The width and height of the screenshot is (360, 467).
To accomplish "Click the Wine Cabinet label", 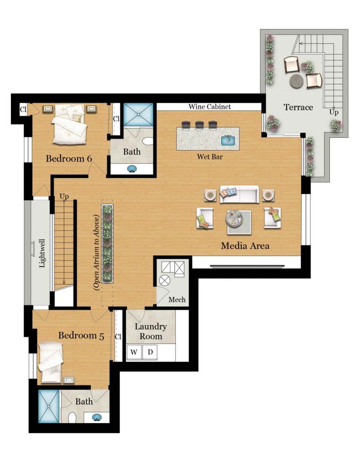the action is coord(209,107).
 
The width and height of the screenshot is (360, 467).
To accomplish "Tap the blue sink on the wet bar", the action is coord(229,140).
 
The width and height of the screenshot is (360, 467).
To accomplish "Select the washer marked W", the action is coord(134,353).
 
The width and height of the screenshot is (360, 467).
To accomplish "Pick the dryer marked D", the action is coord(150,353).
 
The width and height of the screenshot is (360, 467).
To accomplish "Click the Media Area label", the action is coord(245,246).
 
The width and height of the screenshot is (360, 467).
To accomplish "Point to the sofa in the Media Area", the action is coord(239,194).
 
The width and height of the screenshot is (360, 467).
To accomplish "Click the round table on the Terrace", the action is coord(297,80).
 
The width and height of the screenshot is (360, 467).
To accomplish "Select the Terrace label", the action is coord(298,107).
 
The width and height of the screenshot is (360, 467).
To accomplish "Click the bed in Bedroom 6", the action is coord(70,124).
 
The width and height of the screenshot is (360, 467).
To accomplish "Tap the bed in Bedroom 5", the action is coord(51,362).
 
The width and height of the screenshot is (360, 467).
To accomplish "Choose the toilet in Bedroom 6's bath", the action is coord(147,141).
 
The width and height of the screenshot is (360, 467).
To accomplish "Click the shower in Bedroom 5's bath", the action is coord(49,406).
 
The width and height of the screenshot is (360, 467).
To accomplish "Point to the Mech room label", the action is coord(177,300).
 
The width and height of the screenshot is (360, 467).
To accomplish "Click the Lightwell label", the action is coord(42,253).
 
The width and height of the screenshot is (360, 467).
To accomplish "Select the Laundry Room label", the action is coord(151,331).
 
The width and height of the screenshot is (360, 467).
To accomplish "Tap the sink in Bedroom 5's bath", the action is coord(97,417).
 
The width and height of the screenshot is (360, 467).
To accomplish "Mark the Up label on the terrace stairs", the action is coord(334,112).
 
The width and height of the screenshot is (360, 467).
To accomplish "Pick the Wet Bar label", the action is coord(209,157).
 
